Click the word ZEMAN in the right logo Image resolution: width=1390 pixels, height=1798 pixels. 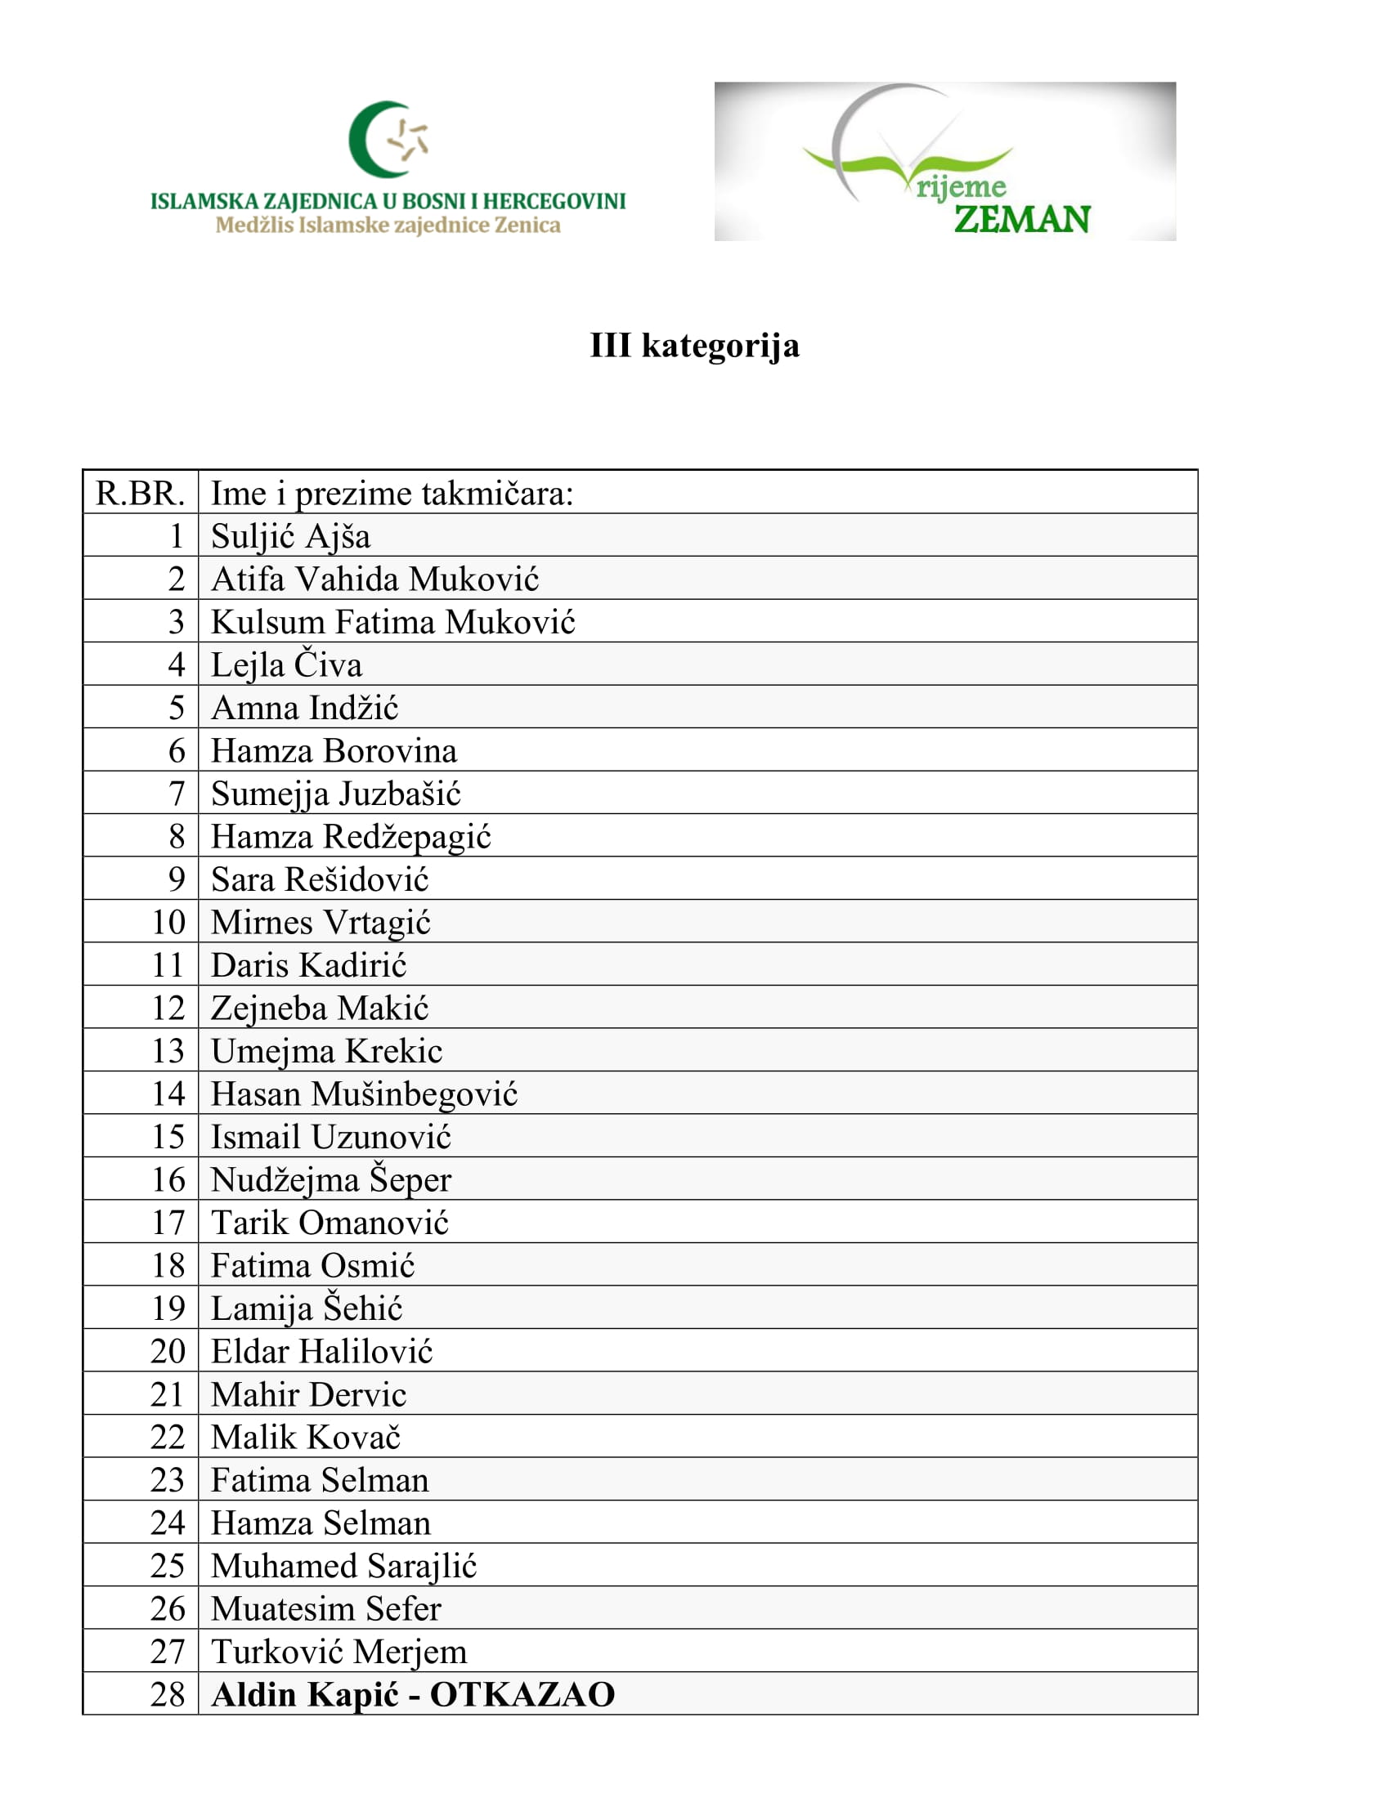pyautogui.click(x=1021, y=220)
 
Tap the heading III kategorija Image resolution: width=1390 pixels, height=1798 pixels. pyautogui.click(x=694, y=345)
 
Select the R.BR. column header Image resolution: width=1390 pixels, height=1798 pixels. pyautogui.click(x=140, y=493)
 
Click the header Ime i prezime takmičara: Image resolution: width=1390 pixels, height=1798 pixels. pyautogui.click(x=392, y=493)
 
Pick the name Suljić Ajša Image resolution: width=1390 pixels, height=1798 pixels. pyautogui.click(x=291, y=536)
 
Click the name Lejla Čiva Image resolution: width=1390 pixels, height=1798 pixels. pyautogui.click(x=285, y=664)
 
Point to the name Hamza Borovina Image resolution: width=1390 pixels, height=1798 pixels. pyautogui.click(x=334, y=751)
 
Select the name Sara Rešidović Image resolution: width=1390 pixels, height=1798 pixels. pyautogui.click(x=320, y=879)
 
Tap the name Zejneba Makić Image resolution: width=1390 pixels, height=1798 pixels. pyautogui.click(x=320, y=1008)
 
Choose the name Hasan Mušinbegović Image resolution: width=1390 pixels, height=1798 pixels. pyautogui.click(x=364, y=1094)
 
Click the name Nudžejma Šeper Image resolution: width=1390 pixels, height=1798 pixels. pyautogui.click(x=331, y=1179)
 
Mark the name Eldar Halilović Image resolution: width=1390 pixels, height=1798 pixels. pyautogui.click(x=321, y=1351)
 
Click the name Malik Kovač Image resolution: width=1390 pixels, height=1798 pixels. pyautogui.click(x=306, y=1438)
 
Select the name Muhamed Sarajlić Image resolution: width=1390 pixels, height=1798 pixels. pyautogui.click(x=343, y=1566)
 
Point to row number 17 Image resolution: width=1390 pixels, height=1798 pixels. pyautogui.click(x=168, y=1223)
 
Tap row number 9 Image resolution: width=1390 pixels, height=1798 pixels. pyautogui.click(x=177, y=879)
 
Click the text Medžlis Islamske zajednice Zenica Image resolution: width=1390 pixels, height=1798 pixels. pyautogui.click(x=388, y=226)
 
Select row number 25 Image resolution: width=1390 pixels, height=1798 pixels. pyautogui.click(x=168, y=1566)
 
